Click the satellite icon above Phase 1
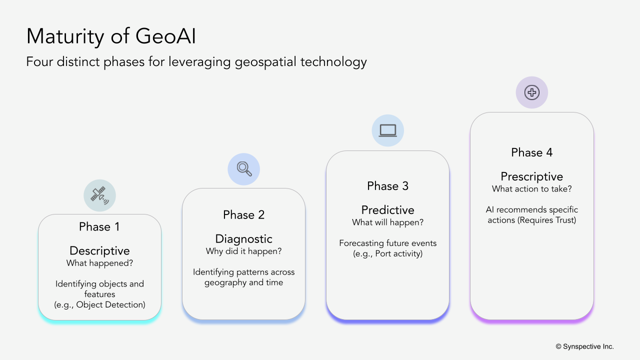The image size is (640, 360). point(99,195)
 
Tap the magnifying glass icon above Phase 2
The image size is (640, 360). point(244,169)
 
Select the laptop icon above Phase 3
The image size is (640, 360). point(387,130)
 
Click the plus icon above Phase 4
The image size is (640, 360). point(531,92)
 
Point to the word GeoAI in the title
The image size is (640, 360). point(165,36)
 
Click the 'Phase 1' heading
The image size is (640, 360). point(99,226)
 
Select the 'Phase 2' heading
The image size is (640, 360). point(243,215)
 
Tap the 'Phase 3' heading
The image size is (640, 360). point(387,186)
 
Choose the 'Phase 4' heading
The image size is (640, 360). point(531,152)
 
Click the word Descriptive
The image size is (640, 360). point(99,250)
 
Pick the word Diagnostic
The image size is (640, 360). point(243,239)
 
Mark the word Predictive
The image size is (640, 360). point(387,210)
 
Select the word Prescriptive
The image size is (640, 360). point(531,176)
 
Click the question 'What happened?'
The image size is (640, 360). point(99,263)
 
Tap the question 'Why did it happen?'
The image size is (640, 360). point(243,251)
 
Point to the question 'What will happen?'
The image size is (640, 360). point(387,222)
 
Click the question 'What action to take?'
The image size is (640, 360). point(531,189)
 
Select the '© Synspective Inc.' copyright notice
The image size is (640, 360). point(584,346)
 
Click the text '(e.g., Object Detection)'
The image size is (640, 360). point(99,304)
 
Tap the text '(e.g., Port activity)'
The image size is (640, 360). point(387,253)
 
